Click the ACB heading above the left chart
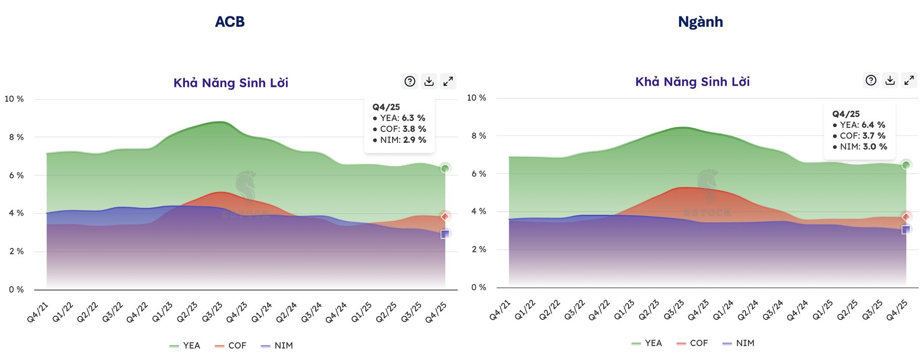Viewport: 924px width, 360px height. click(230, 22)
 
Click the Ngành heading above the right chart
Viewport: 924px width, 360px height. click(700, 22)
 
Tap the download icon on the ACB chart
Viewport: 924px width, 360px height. click(429, 81)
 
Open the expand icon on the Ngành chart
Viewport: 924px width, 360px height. click(909, 80)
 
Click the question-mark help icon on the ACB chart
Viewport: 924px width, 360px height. click(410, 81)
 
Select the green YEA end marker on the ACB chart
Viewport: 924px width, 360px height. click(445, 169)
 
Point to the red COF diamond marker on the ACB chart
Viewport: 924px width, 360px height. click(445, 216)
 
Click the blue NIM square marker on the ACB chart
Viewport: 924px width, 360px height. click(445, 234)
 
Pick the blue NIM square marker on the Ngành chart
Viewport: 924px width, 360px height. click(906, 230)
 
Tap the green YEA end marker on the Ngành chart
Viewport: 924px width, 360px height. click(906, 165)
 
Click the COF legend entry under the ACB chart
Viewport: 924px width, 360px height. click(231, 346)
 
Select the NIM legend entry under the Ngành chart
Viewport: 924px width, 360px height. click(739, 343)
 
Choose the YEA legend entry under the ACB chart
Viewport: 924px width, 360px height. click(185, 346)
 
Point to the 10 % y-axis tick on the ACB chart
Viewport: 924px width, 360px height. click(14, 99)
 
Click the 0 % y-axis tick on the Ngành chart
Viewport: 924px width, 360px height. click(478, 288)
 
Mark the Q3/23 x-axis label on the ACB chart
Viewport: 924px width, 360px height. click(212, 312)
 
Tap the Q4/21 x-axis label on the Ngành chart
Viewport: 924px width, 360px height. click(500, 310)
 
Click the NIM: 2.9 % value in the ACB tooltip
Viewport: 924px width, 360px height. click(400, 140)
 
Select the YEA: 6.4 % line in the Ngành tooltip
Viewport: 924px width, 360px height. click(859, 125)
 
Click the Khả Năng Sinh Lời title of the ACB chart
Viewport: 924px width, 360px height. click(231, 83)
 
